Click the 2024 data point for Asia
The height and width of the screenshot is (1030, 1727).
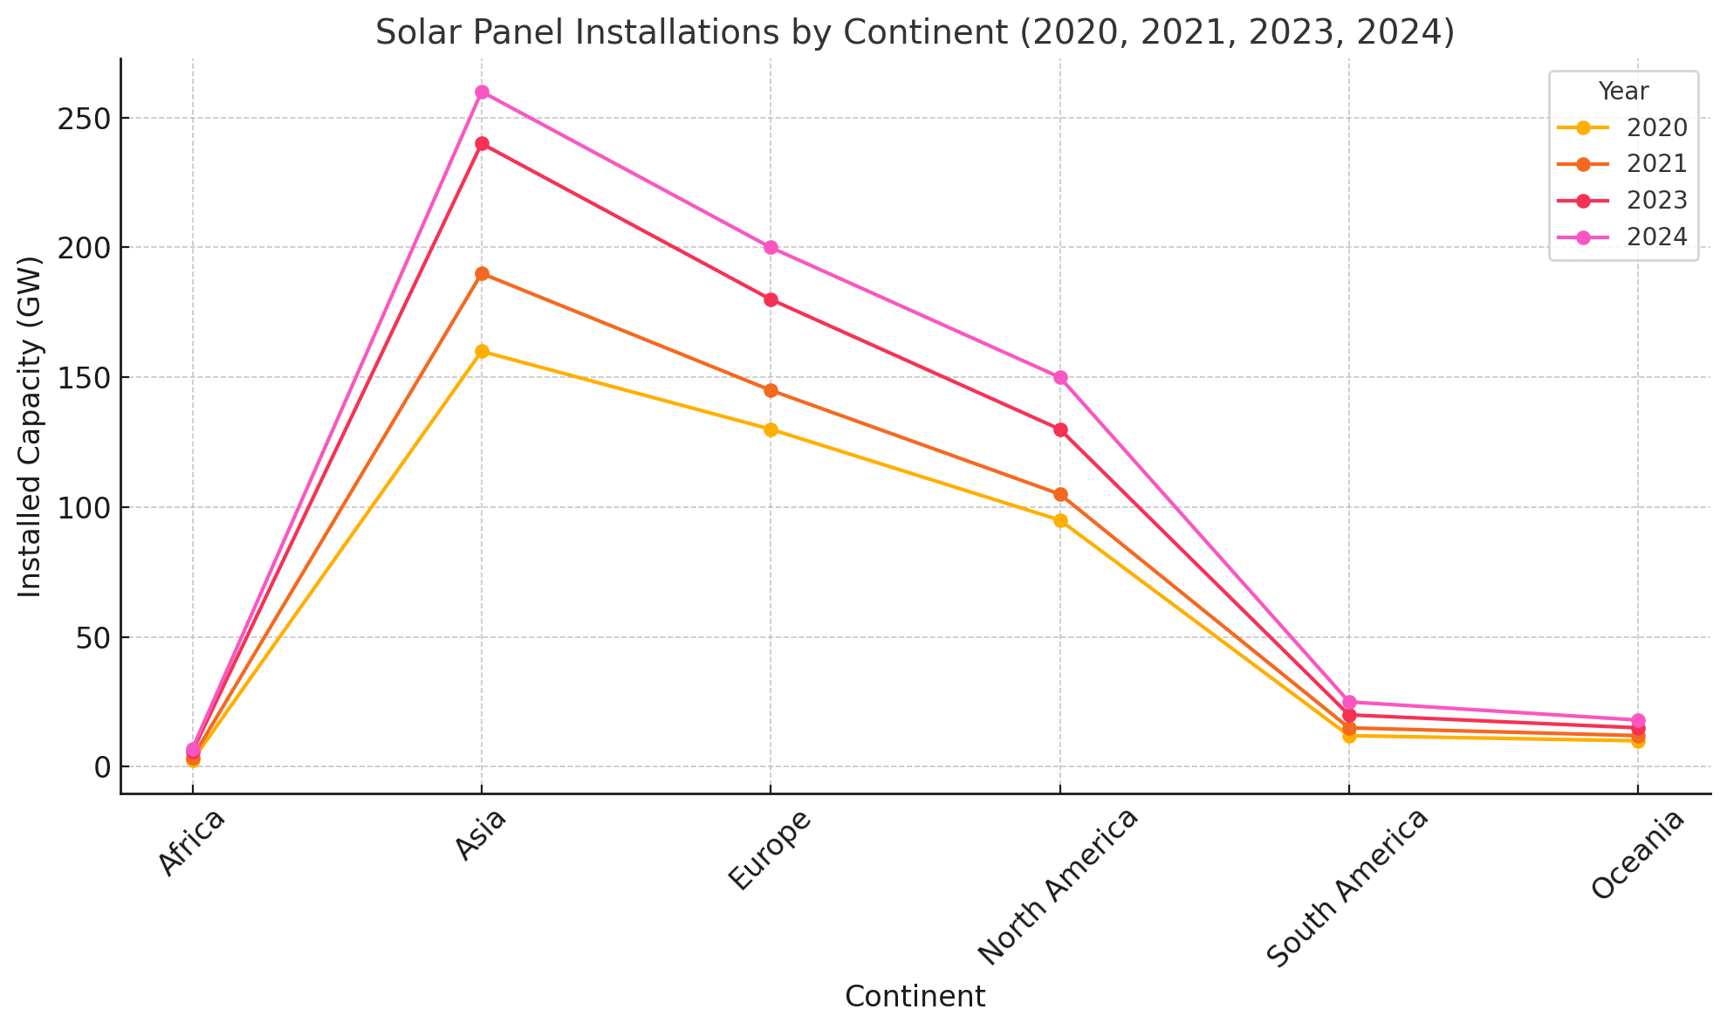482,93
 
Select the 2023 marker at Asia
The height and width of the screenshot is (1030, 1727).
482,144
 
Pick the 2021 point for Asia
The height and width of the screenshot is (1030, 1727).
482,274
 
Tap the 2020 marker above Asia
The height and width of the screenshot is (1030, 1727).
482,352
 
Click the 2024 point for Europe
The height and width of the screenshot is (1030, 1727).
771,248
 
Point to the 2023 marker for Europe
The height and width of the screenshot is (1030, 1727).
771,300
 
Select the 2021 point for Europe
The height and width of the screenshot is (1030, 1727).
771,391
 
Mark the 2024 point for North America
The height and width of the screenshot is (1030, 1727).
1060,378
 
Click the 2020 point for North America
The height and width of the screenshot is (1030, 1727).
1060,521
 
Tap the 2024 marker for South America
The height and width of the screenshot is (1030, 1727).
1349,702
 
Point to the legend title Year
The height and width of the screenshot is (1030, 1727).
1623,92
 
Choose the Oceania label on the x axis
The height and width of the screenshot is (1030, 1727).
1637,855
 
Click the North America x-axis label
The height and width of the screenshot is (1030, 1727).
1058,887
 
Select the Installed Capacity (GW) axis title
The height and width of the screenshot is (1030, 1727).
31,427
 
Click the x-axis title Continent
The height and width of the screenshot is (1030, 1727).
915,997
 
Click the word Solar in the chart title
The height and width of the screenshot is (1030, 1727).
413,33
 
